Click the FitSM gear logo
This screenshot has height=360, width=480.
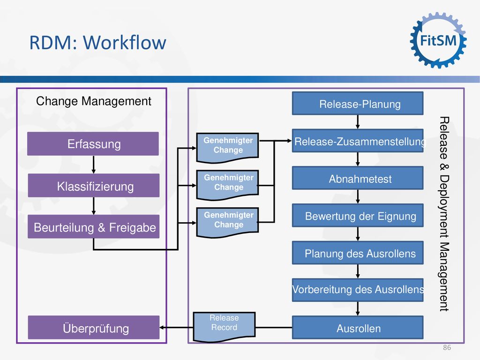coord(438,40)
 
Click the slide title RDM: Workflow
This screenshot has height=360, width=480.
coord(97,42)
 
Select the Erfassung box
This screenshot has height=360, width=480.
coord(93,143)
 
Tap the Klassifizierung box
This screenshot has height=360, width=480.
coord(94,186)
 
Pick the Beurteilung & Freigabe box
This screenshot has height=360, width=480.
coord(94,226)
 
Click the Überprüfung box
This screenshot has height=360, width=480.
coord(94,327)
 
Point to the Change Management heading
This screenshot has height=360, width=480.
coord(93,101)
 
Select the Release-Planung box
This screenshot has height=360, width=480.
coord(358,104)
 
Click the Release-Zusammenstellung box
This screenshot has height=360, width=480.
coord(358,141)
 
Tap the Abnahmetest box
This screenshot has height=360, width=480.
coord(358,178)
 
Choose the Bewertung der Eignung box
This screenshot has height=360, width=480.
coord(358,216)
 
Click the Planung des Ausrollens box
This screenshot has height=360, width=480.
coord(358,253)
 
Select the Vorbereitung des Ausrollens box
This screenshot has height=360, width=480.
coord(358,290)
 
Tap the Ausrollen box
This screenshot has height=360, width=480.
coord(358,328)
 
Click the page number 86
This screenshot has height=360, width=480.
coord(447,347)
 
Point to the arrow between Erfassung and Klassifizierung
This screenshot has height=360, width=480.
coord(94,165)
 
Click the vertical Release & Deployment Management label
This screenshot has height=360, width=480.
coord(444,214)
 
